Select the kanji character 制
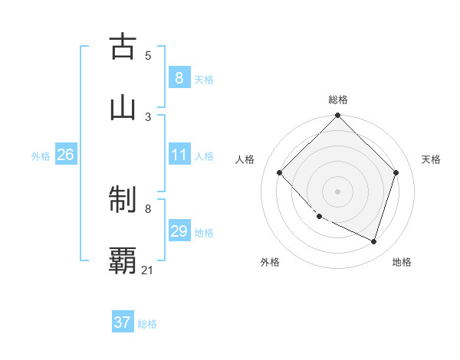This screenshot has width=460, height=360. [x=123, y=201]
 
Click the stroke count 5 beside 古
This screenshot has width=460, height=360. [x=148, y=55]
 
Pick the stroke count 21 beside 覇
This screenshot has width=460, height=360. [x=148, y=270]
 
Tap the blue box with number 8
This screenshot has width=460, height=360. [x=179, y=77]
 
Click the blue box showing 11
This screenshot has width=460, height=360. [x=179, y=155]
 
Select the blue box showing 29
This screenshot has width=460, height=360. [x=179, y=231]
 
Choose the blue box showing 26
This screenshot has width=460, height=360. [x=65, y=155]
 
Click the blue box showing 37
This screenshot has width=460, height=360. [x=122, y=322]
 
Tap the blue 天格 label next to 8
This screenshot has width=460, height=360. [x=204, y=79]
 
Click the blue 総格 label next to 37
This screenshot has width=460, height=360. [x=147, y=324]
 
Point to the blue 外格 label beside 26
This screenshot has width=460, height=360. [x=41, y=156]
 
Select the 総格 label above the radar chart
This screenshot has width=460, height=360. [x=338, y=100]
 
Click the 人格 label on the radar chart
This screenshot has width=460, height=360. [x=245, y=159]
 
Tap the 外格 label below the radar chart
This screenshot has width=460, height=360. [x=270, y=262]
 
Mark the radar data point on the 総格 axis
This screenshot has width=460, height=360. [x=337, y=116]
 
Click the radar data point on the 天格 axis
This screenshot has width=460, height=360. [x=396, y=172]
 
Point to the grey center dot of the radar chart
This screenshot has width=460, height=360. [x=337, y=191]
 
